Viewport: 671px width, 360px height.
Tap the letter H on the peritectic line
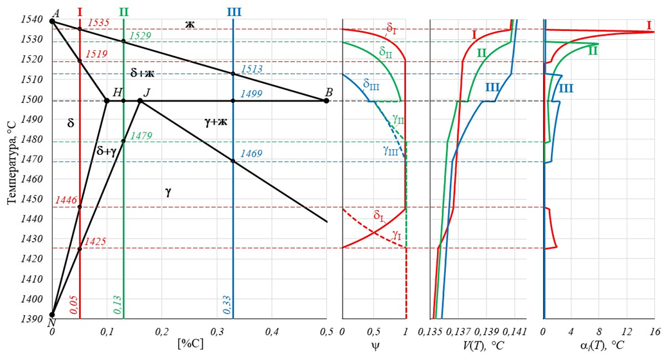(117, 93)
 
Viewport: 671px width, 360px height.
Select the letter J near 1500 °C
(147, 93)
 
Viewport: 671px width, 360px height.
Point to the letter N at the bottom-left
(51, 323)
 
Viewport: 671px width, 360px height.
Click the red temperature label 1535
(98, 22)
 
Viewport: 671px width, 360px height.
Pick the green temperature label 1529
(140, 35)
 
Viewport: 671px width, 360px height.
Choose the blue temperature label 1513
(251, 69)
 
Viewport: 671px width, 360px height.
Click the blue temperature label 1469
(251, 154)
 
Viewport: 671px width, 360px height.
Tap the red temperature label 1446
(66, 201)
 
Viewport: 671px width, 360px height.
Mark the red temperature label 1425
(94, 242)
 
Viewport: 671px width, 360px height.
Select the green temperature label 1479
(140, 136)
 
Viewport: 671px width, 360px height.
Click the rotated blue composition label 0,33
(227, 302)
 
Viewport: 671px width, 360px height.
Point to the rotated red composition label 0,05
(73, 302)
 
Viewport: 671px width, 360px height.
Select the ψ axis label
(374, 345)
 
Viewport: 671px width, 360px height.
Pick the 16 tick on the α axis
(654, 332)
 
